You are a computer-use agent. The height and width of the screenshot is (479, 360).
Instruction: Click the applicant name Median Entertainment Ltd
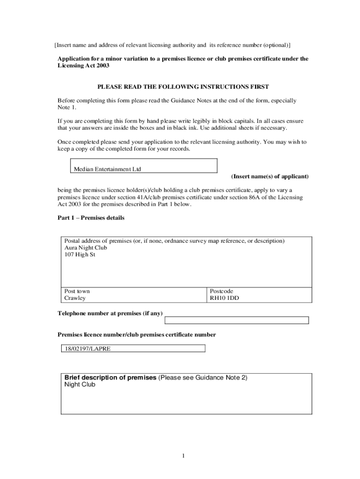[107, 169]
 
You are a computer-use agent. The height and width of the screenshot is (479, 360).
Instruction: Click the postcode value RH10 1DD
[224, 298]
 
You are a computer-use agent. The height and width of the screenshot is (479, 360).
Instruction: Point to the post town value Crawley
[75, 298]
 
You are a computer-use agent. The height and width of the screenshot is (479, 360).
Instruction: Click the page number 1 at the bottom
[184, 456]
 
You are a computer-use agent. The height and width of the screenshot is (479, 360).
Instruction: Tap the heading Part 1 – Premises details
[91, 218]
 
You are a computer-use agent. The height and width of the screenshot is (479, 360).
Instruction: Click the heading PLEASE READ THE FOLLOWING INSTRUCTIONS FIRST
[183, 87]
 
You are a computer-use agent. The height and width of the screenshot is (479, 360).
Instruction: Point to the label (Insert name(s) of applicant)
[270, 176]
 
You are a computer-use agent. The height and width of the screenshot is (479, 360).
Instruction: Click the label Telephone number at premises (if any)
[110, 313]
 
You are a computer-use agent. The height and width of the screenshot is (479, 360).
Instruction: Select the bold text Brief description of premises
[110, 377]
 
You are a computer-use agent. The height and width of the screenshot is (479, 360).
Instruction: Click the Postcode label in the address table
[221, 291]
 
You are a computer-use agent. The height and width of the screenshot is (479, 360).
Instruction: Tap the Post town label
[77, 291]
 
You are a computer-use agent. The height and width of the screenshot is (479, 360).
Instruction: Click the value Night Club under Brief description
[79, 385]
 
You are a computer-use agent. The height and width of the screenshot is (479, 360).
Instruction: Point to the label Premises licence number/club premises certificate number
[137, 335]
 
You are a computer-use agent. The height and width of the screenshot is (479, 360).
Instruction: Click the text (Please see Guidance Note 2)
[203, 377]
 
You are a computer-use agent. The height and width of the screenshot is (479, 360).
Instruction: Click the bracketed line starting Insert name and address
[172, 45]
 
